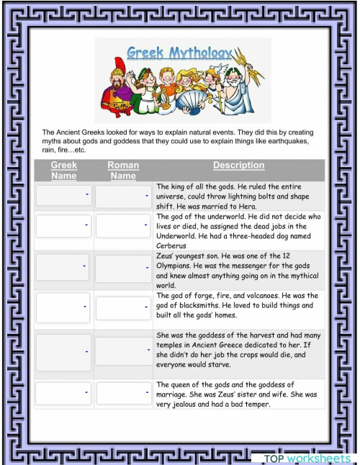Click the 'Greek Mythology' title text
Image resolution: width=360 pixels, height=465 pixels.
pos(179,53)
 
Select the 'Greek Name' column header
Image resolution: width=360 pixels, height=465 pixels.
pos(63,170)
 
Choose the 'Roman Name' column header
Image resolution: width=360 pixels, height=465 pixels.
pos(123,170)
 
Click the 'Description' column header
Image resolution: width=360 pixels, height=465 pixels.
pos(238,166)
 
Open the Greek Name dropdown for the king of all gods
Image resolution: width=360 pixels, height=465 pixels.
pos(63,195)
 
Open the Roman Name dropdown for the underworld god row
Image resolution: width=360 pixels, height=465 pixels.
pos(123,226)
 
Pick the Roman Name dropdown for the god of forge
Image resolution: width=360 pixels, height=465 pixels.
pos(123,307)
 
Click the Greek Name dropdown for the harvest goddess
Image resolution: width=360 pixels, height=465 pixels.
pos(63,351)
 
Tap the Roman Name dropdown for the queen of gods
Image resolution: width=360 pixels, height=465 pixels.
pos(123,393)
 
